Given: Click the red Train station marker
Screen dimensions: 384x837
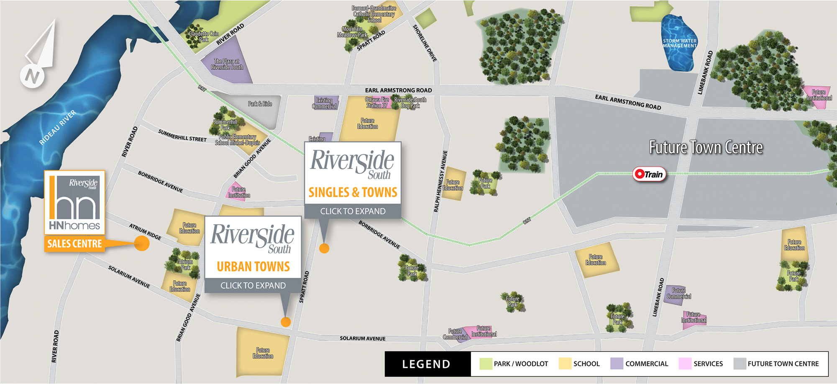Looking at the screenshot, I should click(649, 174).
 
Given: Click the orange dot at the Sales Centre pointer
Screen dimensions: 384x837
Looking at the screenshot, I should click(142, 243).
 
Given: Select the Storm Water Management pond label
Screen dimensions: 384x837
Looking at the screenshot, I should click(679, 44).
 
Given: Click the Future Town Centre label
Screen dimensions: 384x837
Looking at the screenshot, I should click(706, 147).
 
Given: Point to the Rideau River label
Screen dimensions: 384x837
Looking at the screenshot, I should click(58, 127).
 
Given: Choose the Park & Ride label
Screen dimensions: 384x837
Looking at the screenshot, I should click(260, 104).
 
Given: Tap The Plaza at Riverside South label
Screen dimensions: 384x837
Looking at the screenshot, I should click(227, 64).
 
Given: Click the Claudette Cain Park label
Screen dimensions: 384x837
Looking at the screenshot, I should click(204, 36).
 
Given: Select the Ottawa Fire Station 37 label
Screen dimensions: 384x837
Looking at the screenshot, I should click(377, 102).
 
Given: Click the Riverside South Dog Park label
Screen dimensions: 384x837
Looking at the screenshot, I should click(410, 103).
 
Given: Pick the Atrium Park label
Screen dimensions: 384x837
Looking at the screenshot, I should click(185, 265).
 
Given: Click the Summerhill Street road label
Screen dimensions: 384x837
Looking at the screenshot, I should click(182, 136).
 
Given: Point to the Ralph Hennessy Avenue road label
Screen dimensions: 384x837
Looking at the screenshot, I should click(440, 181).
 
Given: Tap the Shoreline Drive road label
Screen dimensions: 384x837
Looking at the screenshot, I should click(425, 43).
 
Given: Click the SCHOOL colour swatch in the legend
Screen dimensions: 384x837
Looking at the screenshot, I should click(565, 364).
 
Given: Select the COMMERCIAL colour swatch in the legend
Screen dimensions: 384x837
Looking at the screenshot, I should click(617, 364).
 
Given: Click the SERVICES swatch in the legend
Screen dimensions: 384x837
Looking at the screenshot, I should click(685, 364).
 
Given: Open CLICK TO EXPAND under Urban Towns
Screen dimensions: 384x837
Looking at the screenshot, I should click(253, 285).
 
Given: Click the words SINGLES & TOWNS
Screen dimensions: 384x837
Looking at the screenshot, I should click(353, 192).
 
